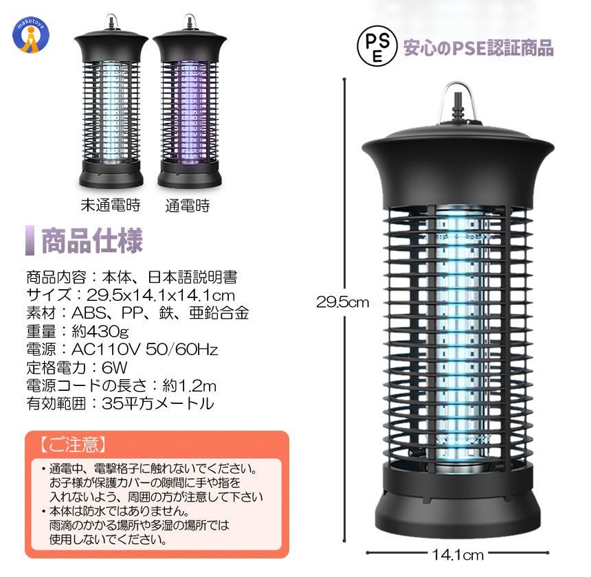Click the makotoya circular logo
[31, 36]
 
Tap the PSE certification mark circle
[377, 46]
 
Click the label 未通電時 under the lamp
[111, 205]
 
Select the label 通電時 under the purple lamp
[188, 205]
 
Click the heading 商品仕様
[91, 240]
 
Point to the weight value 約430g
[100, 331]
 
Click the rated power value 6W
[115, 367]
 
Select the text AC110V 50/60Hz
[145, 349]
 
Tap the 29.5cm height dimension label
[342, 302]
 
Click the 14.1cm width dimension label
[457, 554]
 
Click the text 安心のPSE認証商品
[478, 48]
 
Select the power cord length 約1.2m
[189, 385]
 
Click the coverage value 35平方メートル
[158, 403]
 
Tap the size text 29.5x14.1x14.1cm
[161, 295]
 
